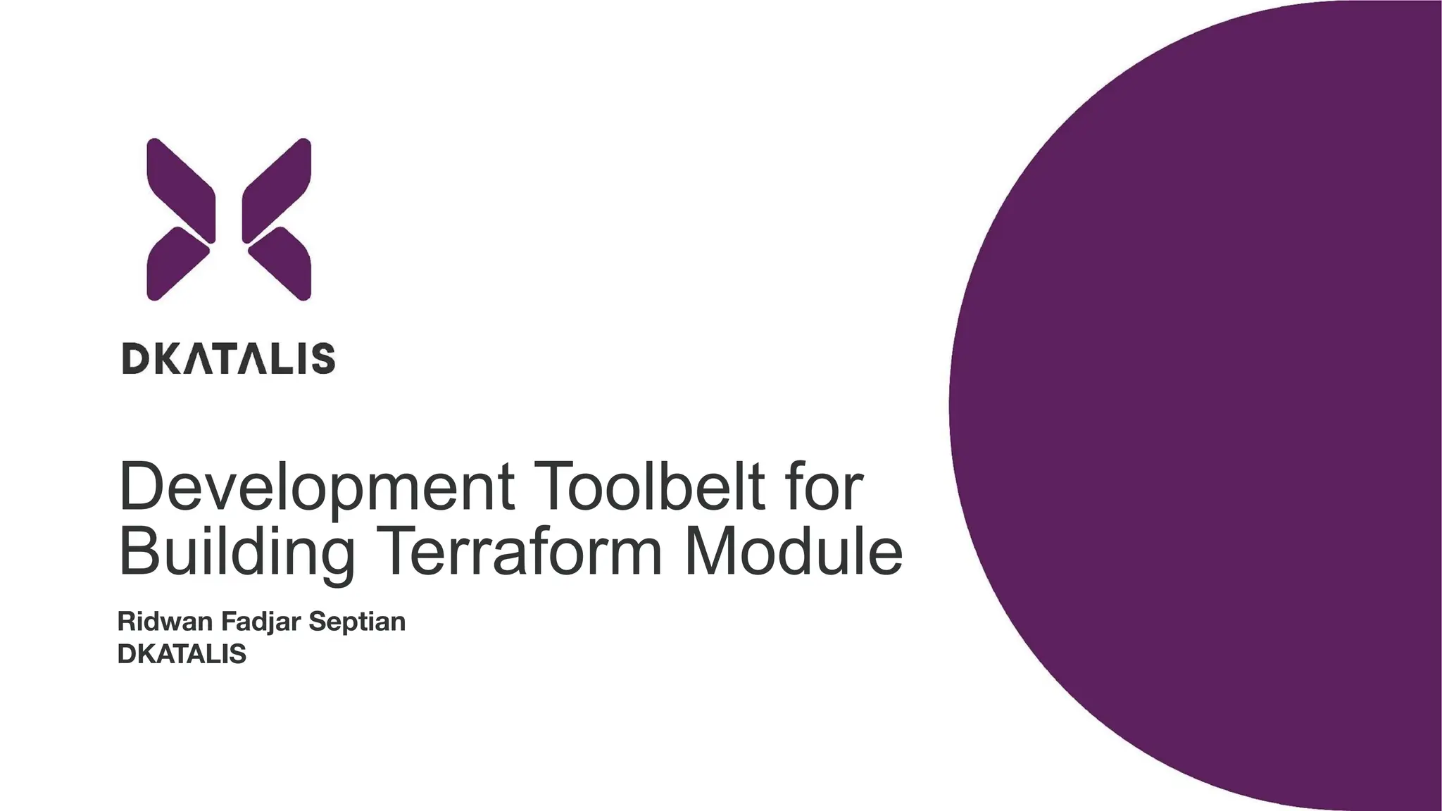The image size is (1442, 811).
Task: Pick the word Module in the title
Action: (793, 553)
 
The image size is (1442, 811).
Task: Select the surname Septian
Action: (357, 622)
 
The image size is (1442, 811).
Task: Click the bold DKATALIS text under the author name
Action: (182, 654)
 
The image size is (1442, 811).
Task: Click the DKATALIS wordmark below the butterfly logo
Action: (229, 358)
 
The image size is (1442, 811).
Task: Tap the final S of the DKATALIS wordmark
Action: (323, 358)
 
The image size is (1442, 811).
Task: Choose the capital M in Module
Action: (710, 553)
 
